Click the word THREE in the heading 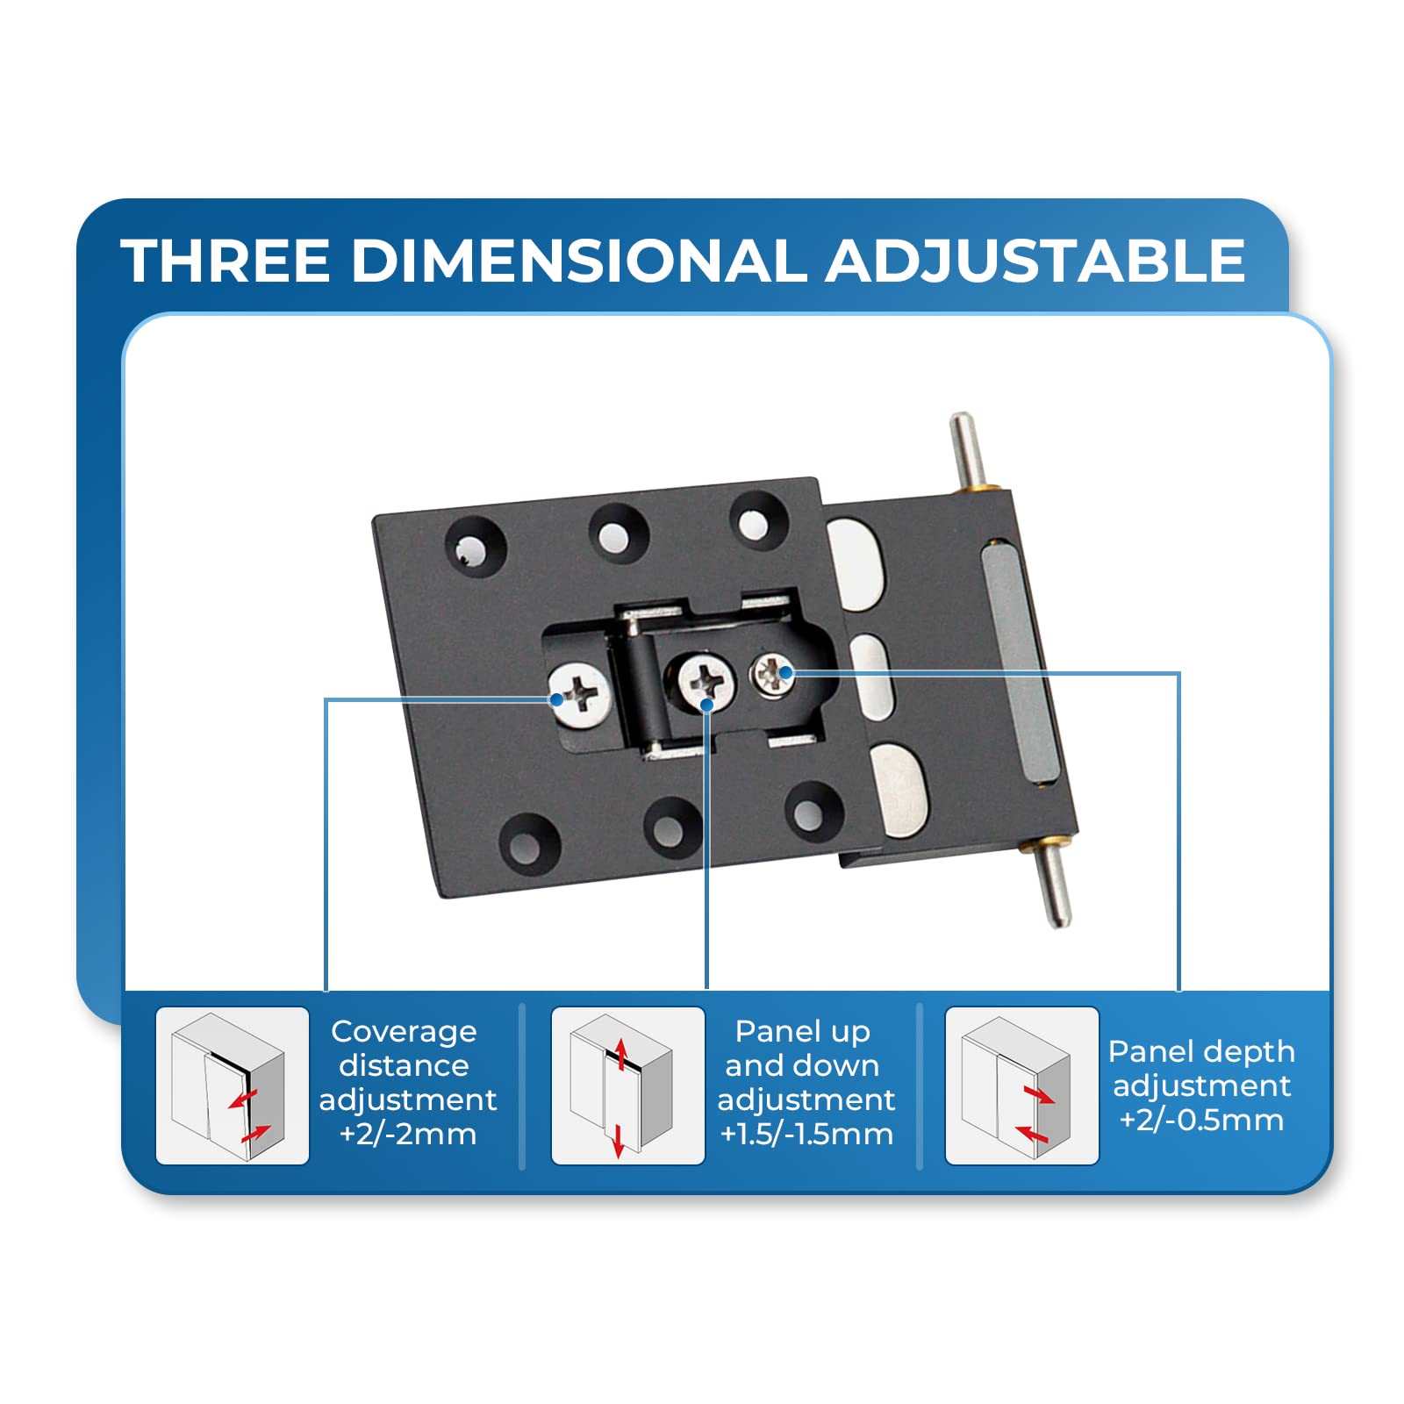226,260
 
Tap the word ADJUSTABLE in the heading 1035,260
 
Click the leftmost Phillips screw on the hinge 580,695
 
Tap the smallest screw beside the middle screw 772,675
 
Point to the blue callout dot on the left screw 555,699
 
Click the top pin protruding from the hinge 965,448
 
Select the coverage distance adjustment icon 233,1085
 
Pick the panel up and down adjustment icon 627,1085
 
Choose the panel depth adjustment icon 1021,1085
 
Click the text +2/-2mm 408,1134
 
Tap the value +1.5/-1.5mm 806,1134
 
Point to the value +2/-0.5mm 1201,1120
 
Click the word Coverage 404,1033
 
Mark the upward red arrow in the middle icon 620,1054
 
